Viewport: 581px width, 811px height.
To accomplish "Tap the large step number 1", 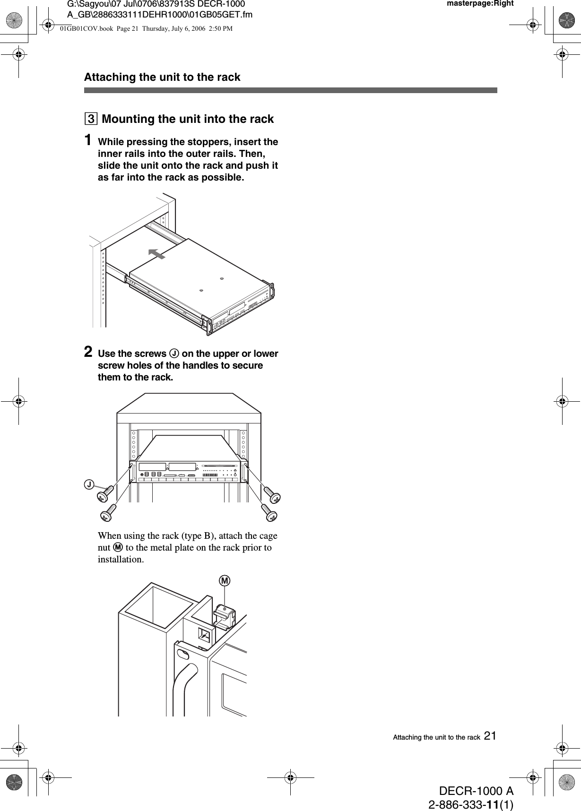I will coord(88,141).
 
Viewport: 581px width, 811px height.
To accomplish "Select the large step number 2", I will coord(88,352).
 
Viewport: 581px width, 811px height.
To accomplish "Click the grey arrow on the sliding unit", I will coord(156,254).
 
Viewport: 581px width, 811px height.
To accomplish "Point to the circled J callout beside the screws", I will coord(89,483).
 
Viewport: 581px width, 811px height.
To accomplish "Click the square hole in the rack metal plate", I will coord(205,635).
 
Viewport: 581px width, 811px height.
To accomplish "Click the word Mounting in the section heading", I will coord(128,119).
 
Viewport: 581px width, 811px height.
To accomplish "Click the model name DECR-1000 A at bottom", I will coord(476,791).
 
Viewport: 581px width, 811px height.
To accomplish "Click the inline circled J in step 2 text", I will coord(174,354).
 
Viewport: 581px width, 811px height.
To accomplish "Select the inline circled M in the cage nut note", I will coord(118,547).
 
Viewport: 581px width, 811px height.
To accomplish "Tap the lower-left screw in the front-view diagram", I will coord(108,512).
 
